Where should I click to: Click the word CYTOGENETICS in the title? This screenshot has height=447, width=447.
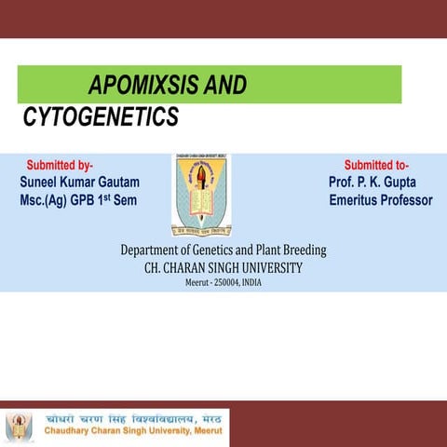click(x=100, y=117)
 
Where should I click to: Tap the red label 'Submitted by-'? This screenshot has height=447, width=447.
click(x=59, y=165)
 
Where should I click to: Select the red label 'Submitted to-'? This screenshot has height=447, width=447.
click(x=382, y=165)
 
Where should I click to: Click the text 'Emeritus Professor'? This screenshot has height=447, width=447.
click(x=380, y=200)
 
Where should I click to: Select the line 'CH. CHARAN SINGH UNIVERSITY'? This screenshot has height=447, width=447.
click(x=223, y=267)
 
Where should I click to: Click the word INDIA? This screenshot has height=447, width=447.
click(x=251, y=282)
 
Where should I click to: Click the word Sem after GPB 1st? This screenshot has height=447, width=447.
click(x=125, y=200)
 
